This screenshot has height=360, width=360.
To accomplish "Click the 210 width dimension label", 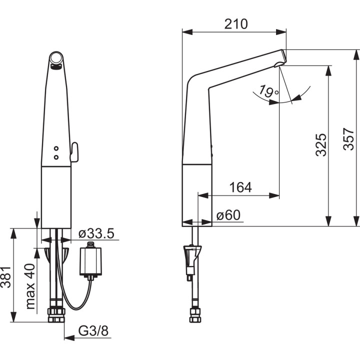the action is (236, 24).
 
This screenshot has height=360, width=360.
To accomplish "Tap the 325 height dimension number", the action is (320, 145).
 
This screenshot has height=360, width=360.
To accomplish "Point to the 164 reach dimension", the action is (240, 187).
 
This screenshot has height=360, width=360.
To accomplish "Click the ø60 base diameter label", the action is (228, 215).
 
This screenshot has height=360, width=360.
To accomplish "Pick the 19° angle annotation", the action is (268, 91).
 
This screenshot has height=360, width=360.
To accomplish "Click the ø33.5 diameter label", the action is (96, 233).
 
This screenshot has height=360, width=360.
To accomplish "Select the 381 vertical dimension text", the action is (5, 277).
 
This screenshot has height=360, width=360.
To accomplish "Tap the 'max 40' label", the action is (30, 286).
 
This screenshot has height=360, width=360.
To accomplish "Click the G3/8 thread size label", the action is (93, 331).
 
